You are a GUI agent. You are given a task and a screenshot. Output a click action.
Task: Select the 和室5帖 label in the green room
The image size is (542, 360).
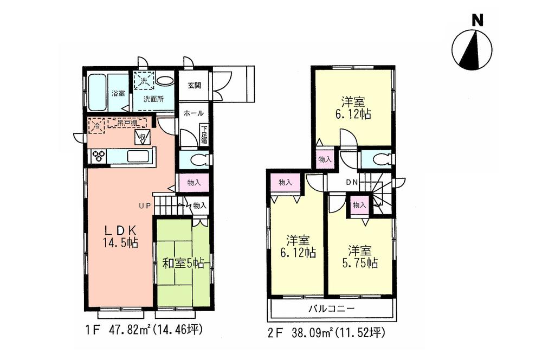[183, 263]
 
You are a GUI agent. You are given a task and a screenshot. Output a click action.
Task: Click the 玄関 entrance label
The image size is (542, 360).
[195, 85]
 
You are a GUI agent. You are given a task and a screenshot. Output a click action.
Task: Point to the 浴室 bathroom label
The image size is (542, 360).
[118, 93]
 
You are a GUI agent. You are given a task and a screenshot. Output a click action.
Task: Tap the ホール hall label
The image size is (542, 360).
[193, 113]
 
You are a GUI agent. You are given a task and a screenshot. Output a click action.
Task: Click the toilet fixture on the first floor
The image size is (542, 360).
[195, 159]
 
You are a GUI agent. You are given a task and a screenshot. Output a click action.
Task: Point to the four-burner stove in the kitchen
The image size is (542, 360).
[99, 156]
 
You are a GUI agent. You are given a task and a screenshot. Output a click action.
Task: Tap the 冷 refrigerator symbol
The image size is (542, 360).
[95, 124]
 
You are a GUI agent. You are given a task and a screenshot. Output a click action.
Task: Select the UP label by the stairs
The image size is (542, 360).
[144, 205]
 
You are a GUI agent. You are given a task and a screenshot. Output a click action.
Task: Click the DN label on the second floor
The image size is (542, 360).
[351, 182]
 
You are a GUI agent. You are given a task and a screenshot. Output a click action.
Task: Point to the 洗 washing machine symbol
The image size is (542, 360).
[144, 81]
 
